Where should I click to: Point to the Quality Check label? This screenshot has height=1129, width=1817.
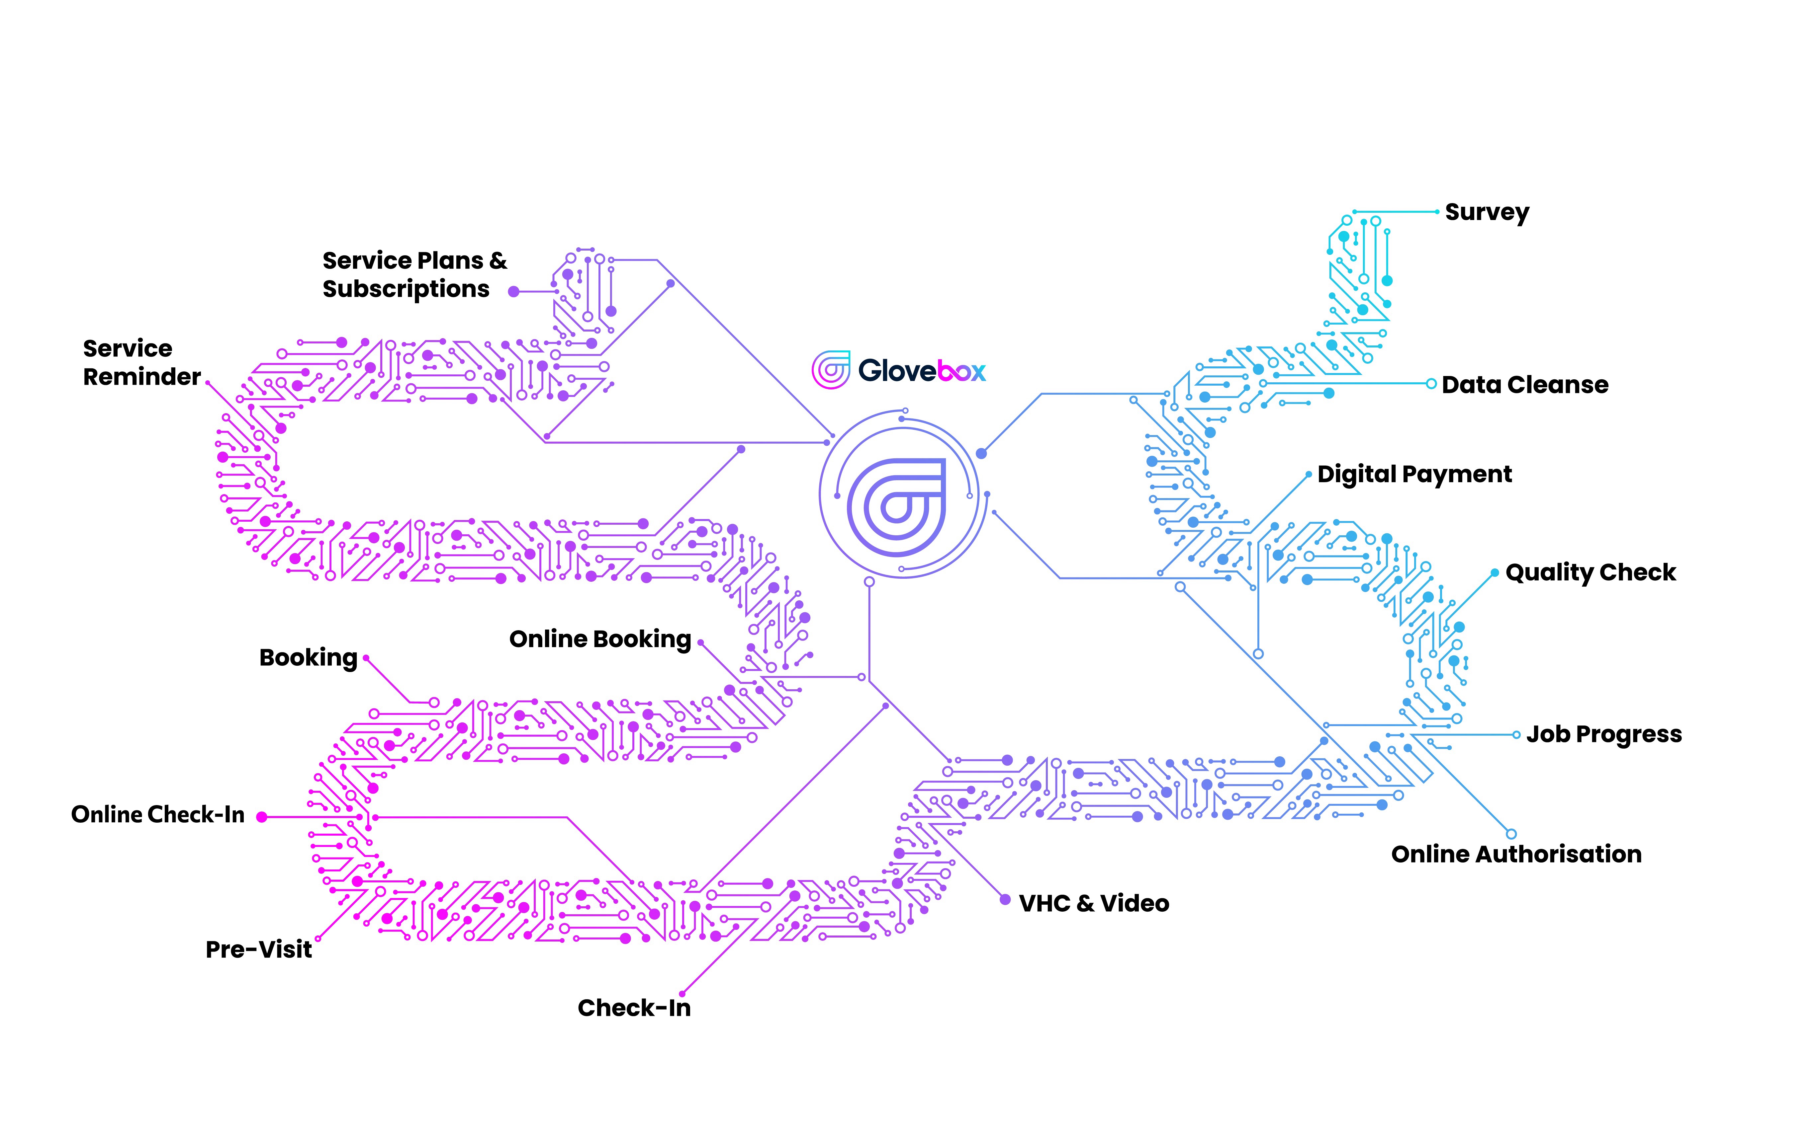pyautogui.click(x=1590, y=573)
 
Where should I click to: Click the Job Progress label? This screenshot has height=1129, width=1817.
pyautogui.click(x=1603, y=735)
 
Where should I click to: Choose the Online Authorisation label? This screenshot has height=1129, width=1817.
pyautogui.click(x=1516, y=854)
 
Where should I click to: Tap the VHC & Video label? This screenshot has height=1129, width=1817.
pyautogui.click(x=1094, y=903)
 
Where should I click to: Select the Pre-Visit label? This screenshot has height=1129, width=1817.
pyautogui.click(x=258, y=950)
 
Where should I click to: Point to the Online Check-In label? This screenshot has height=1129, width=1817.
pyautogui.click(x=158, y=815)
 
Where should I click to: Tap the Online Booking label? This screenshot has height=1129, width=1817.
pyautogui.click(x=600, y=640)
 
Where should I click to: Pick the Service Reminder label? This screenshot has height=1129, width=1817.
pyautogui.click(x=141, y=363)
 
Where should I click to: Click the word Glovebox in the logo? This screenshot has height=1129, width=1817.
pyautogui.click(x=921, y=370)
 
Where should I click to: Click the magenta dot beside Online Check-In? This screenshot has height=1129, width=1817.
pyautogui.click(x=261, y=818)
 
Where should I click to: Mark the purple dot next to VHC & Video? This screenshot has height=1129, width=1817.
pyautogui.click(x=1005, y=900)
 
